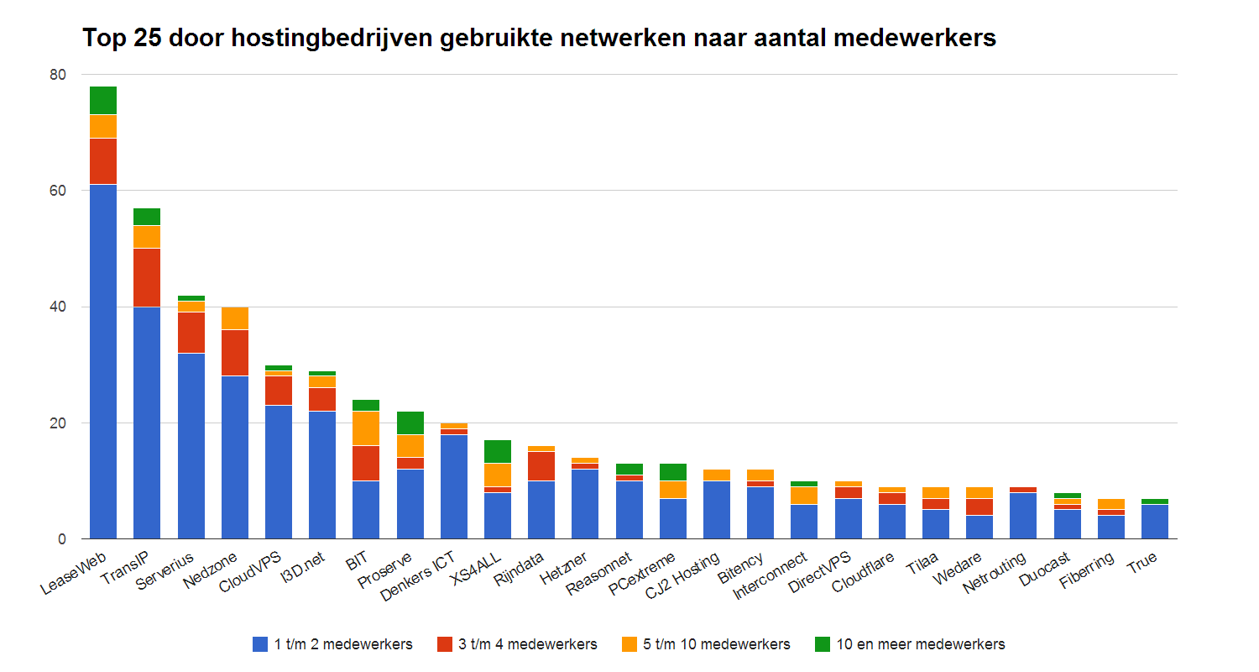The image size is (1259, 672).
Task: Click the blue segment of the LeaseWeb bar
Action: (103, 361)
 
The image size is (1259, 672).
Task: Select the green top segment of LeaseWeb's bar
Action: (103, 100)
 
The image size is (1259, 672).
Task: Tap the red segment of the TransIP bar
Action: (147, 277)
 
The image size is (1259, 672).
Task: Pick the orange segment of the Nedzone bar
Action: (234, 318)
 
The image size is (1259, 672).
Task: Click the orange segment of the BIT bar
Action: (366, 428)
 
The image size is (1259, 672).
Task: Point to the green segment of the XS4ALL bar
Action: (498, 451)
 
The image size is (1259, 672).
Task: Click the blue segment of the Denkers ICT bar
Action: (454, 486)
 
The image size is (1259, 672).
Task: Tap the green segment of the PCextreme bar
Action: (672, 472)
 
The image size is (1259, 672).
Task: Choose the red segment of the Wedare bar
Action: (979, 507)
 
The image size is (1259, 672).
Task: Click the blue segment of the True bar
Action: (1154, 521)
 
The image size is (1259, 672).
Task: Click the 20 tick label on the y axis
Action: (57, 423)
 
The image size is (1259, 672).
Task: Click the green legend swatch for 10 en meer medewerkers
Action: (823, 644)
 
